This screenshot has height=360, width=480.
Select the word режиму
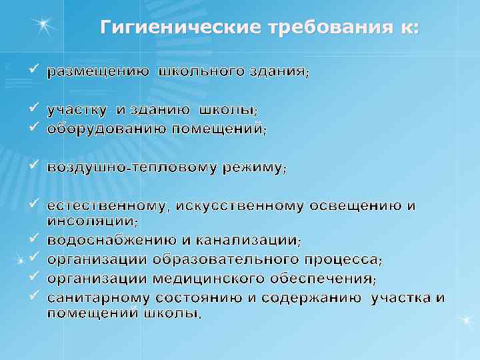pos(254,167)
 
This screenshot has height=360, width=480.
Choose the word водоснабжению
pos(111,239)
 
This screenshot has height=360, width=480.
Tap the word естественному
pos(106,205)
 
